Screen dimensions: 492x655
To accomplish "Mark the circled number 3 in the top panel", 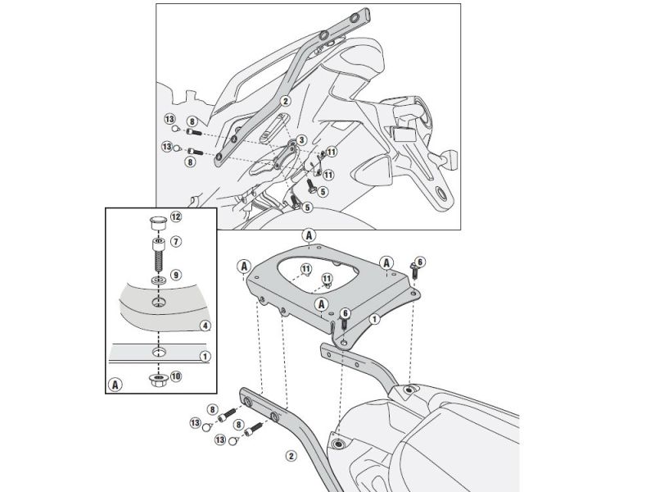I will tap(301, 140).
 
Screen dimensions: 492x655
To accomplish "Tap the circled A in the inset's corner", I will tap(115, 383).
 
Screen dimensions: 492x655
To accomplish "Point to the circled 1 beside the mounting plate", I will tap(374, 318).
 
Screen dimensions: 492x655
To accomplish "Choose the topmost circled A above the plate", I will tap(309, 234).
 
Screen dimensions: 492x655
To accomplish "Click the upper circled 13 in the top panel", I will tap(169, 120).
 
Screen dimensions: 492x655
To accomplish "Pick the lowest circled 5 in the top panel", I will tap(308, 208).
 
